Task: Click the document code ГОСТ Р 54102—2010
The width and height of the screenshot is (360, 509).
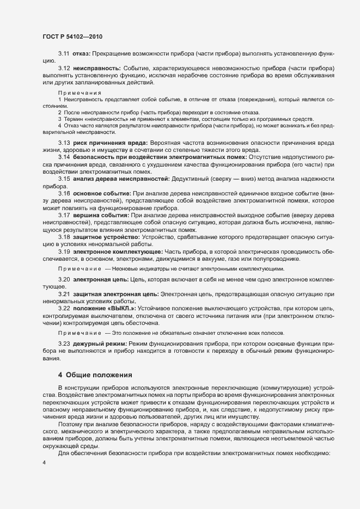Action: (72, 36)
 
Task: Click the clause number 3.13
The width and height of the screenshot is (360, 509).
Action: (64, 142)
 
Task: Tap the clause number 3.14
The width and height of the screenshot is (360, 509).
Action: (64, 157)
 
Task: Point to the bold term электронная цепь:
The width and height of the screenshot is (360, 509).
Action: (101, 279)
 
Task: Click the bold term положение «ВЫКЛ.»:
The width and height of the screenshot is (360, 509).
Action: (108, 309)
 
